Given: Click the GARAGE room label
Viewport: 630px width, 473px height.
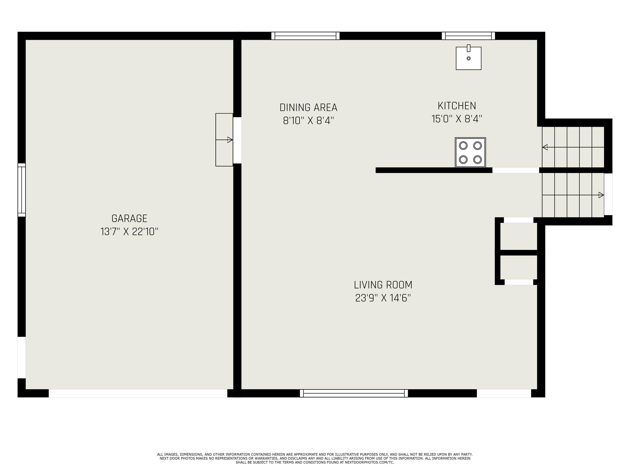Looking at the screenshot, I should (x=129, y=218).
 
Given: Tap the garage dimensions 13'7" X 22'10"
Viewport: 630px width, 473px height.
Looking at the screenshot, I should (x=129, y=231).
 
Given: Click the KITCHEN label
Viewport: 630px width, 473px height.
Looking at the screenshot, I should (x=457, y=106).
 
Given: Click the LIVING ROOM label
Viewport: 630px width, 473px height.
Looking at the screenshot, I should (x=383, y=285).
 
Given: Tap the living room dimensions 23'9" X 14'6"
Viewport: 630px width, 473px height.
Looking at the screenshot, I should (x=383, y=298).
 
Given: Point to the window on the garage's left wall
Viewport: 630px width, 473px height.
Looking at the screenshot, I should (x=22, y=190).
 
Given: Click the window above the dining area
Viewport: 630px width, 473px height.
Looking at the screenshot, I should (x=305, y=36).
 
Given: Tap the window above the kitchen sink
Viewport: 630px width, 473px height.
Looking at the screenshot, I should (x=468, y=36).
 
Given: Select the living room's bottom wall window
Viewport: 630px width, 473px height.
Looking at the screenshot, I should (x=354, y=393).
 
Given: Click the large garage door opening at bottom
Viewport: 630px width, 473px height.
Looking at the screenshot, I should (x=138, y=393).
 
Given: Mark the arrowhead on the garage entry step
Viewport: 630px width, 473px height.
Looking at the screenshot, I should (x=230, y=140).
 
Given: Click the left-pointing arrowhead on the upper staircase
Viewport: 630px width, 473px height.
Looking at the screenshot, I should (x=545, y=147).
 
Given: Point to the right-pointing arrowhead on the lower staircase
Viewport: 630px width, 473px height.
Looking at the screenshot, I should (x=601, y=195).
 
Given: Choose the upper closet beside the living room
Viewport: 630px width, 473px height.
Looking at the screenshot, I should (x=519, y=236).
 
